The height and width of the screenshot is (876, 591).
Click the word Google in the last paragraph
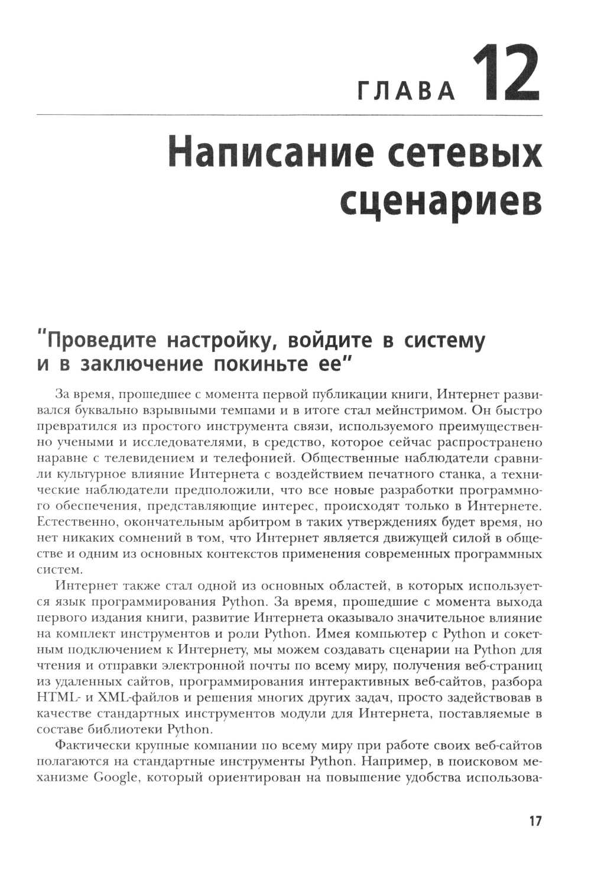coord(115,778)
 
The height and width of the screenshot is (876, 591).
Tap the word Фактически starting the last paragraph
coord(88,746)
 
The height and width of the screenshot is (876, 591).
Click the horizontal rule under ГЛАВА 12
coord(290,115)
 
